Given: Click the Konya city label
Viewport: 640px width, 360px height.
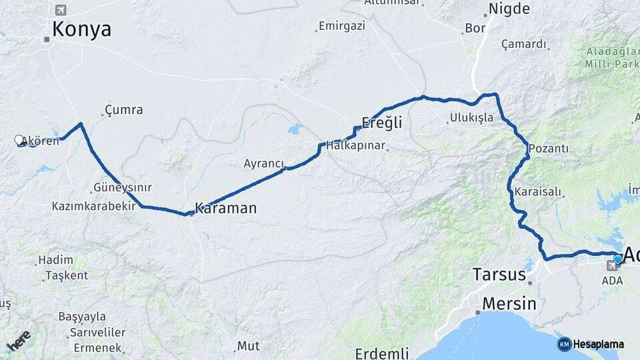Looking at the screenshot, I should pos(81,29).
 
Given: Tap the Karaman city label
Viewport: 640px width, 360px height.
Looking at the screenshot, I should pos(225,208).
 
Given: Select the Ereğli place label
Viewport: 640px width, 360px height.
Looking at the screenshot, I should pos(381,123).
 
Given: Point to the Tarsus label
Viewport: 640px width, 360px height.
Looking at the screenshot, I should pos(499,274).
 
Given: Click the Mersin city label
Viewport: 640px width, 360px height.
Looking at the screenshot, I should pos(509,304).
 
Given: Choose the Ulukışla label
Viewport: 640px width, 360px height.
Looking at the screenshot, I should pos(471,117).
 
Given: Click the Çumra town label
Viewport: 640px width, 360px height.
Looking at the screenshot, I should pos(124,109).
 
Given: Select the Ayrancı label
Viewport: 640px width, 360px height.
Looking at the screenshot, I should pos(264,163).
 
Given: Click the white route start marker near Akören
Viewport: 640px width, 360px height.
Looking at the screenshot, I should pos(19,140).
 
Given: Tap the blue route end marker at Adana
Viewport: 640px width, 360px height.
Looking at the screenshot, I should pos(618,259).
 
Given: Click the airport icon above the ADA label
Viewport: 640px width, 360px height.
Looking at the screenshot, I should pos(611,266).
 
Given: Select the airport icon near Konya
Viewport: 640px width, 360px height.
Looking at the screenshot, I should pos(61,10).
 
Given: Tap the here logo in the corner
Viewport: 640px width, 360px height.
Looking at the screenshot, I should pos(19,342).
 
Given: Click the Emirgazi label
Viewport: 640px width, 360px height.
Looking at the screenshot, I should pos(342,26).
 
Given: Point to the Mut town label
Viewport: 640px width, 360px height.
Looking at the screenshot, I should pos(248,346).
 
